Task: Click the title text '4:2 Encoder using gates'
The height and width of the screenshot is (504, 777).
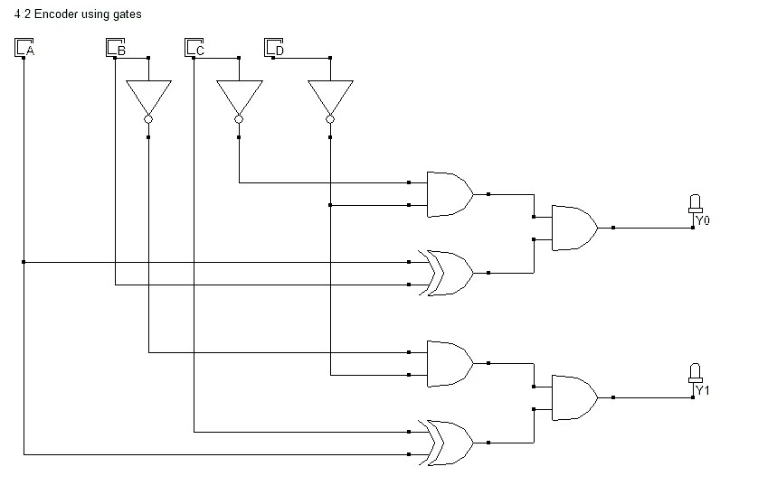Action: click(x=78, y=14)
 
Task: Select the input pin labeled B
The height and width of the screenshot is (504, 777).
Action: click(x=114, y=47)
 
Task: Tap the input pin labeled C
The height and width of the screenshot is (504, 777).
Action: click(x=193, y=47)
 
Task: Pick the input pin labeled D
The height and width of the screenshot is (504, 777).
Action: click(x=271, y=47)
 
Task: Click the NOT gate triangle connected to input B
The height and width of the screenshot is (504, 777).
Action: click(x=148, y=95)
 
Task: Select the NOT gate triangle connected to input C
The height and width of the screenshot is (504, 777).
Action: click(x=239, y=95)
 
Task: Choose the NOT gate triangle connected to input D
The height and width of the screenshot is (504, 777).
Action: click(x=330, y=95)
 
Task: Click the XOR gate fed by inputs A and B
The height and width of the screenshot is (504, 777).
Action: click(x=449, y=273)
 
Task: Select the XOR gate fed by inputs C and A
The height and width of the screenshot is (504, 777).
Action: click(x=449, y=443)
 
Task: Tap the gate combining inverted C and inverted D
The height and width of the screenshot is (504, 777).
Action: click(x=449, y=194)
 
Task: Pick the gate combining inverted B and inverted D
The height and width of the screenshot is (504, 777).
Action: click(x=449, y=363)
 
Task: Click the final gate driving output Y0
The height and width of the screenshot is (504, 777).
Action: click(x=573, y=228)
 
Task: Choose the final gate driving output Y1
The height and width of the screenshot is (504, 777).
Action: click(x=573, y=397)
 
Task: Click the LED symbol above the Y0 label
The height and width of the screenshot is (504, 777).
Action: click(x=695, y=202)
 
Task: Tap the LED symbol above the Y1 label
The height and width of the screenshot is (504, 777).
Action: click(x=695, y=372)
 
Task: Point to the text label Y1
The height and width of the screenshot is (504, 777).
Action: click(x=702, y=390)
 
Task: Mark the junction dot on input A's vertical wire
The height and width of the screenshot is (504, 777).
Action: click(x=24, y=262)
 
